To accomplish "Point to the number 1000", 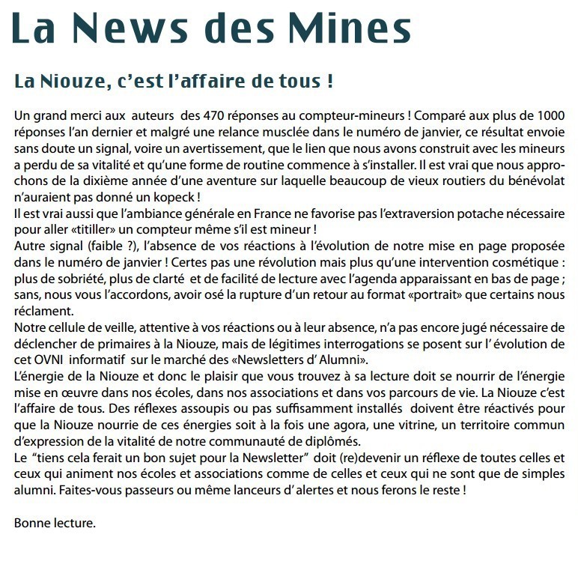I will click(x=547, y=117).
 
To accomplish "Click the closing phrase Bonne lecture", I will click(x=55, y=523).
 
